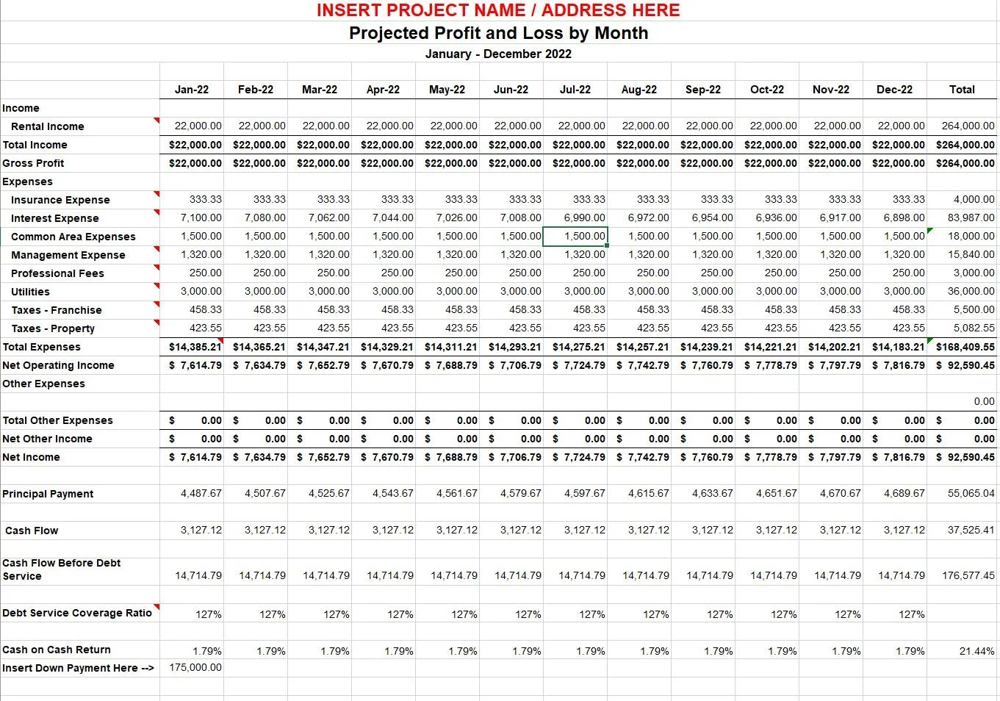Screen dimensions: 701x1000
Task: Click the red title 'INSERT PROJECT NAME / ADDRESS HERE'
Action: (498, 10)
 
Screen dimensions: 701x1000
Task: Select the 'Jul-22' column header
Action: (575, 90)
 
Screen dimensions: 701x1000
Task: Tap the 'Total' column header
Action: (961, 90)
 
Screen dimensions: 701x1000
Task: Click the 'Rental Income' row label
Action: (48, 126)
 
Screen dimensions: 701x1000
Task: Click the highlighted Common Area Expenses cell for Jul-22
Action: (575, 237)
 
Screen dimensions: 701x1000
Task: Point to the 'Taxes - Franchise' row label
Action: (57, 310)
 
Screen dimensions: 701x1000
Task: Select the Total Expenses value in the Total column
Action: (965, 347)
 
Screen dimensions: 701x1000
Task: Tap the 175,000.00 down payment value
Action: (195, 667)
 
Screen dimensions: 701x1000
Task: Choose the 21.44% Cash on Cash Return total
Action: (976, 651)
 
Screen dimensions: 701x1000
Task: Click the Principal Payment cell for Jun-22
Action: (520, 494)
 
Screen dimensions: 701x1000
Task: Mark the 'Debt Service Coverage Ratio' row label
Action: (77, 613)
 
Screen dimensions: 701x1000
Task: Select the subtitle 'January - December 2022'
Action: (498, 54)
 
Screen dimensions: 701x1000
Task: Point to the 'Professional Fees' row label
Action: (57, 273)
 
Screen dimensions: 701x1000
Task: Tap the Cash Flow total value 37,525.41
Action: (971, 530)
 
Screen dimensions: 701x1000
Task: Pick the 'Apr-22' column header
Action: (383, 90)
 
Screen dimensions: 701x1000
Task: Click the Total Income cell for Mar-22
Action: (323, 145)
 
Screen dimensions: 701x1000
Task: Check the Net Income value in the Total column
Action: (965, 457)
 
